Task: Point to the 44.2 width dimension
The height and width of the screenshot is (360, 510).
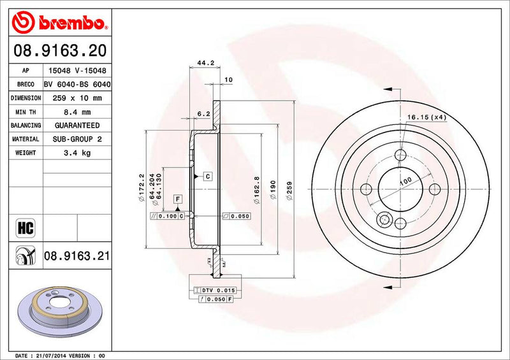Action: coord(204,63)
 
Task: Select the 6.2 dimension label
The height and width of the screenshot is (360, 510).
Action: coord(203,113)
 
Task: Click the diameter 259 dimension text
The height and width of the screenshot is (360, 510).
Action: coord(290,191)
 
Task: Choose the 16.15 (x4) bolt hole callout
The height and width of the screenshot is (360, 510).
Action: coord(426,118)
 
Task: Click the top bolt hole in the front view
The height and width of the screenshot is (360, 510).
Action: coord(400,154)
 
